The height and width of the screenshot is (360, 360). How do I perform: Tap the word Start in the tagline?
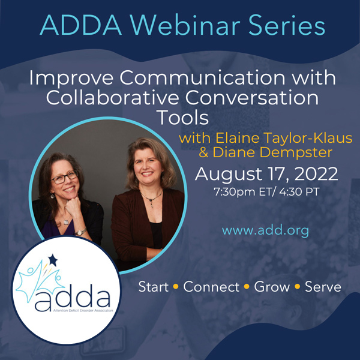tap(154, 287)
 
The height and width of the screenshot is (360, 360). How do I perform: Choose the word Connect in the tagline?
tap(210, 287)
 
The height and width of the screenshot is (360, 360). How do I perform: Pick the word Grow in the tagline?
tap(271, 287)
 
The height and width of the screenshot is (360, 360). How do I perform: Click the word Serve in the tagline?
tap(322, 287)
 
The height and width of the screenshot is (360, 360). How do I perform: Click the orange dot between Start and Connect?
tap(176, 287)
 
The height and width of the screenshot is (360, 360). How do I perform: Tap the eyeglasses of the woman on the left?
tap(65, 178)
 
